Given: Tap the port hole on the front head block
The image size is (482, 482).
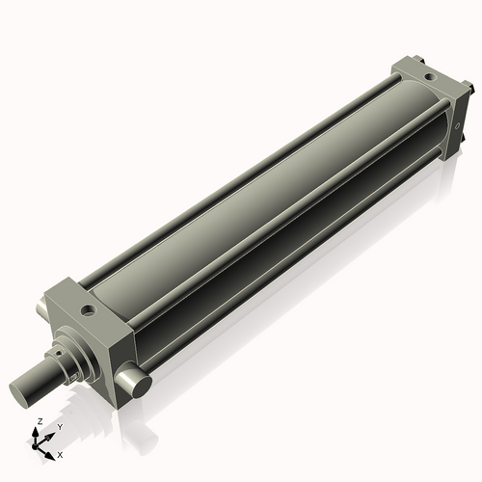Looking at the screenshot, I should click(x=89, y=311).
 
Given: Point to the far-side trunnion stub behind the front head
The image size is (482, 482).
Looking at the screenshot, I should click(x=40, y=309).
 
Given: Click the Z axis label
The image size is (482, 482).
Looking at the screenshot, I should click(x=39, y=422).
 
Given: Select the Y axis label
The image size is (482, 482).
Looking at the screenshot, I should click(x=59, y=426).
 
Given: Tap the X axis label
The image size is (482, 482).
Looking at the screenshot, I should click(x=60, y=453).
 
